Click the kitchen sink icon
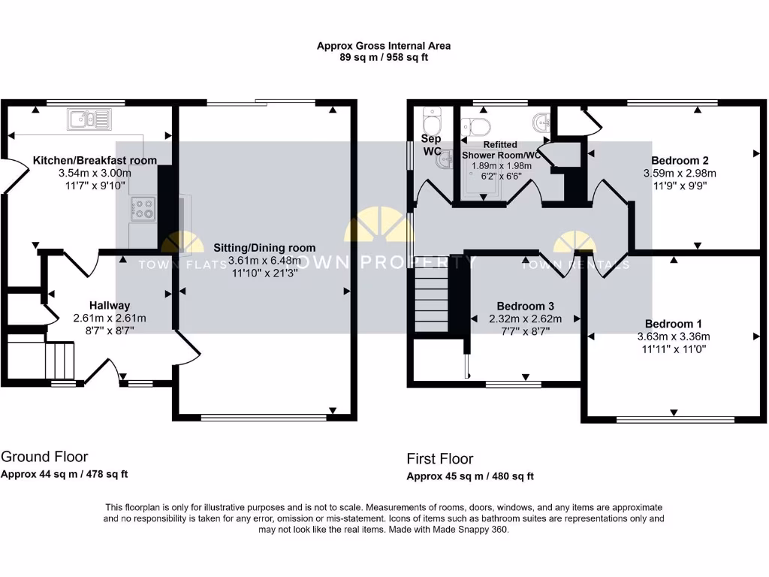coord(89,118)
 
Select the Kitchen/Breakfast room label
coord(95,160)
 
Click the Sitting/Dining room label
coord(264,248)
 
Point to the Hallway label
coord(110,306)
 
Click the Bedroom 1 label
coord(673,324)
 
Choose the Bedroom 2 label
coord(680,160)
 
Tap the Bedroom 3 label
coord(526,307)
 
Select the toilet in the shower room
coord(479,125)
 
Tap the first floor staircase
coord(431,300)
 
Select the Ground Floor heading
coord(44,457)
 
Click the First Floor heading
coord(440,458)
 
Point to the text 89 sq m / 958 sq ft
coord(384,57)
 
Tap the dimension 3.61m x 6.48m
coord(264,261)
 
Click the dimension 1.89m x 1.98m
coord(500,166)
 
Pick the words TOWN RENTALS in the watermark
coord(576,264)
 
